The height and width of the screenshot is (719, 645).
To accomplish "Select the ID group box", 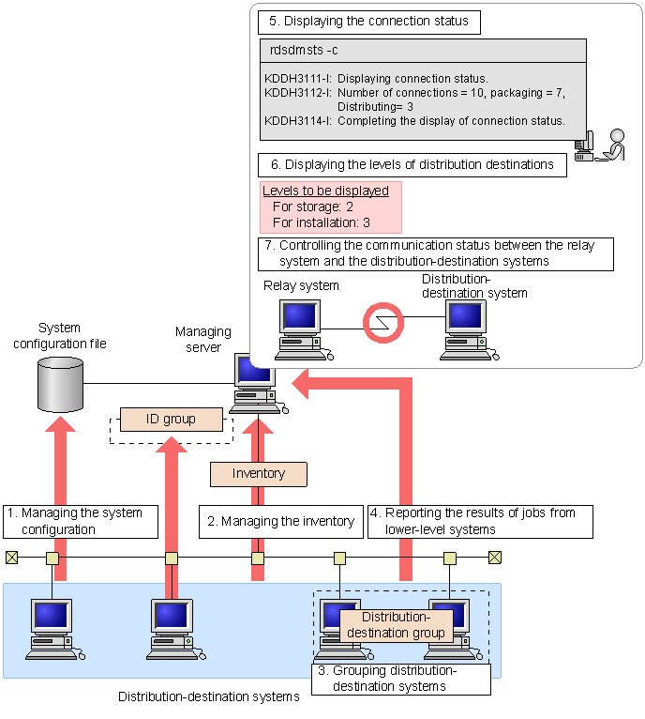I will tap(172, 420).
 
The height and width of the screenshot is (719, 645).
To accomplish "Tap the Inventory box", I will tap(259, 474).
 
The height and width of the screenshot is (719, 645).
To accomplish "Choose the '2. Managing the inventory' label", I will tap(280, 522).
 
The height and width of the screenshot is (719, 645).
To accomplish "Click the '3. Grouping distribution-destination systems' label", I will tap(400, 679).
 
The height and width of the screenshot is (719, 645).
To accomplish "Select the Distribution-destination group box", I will tap(396, 626).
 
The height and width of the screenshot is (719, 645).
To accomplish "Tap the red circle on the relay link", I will tap(382, 321).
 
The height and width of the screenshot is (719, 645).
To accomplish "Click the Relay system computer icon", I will tap(299, 329).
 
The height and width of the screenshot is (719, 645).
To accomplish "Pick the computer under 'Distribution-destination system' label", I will tap(469, 329).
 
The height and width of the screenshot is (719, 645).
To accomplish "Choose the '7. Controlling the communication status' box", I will tap(436, 253).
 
